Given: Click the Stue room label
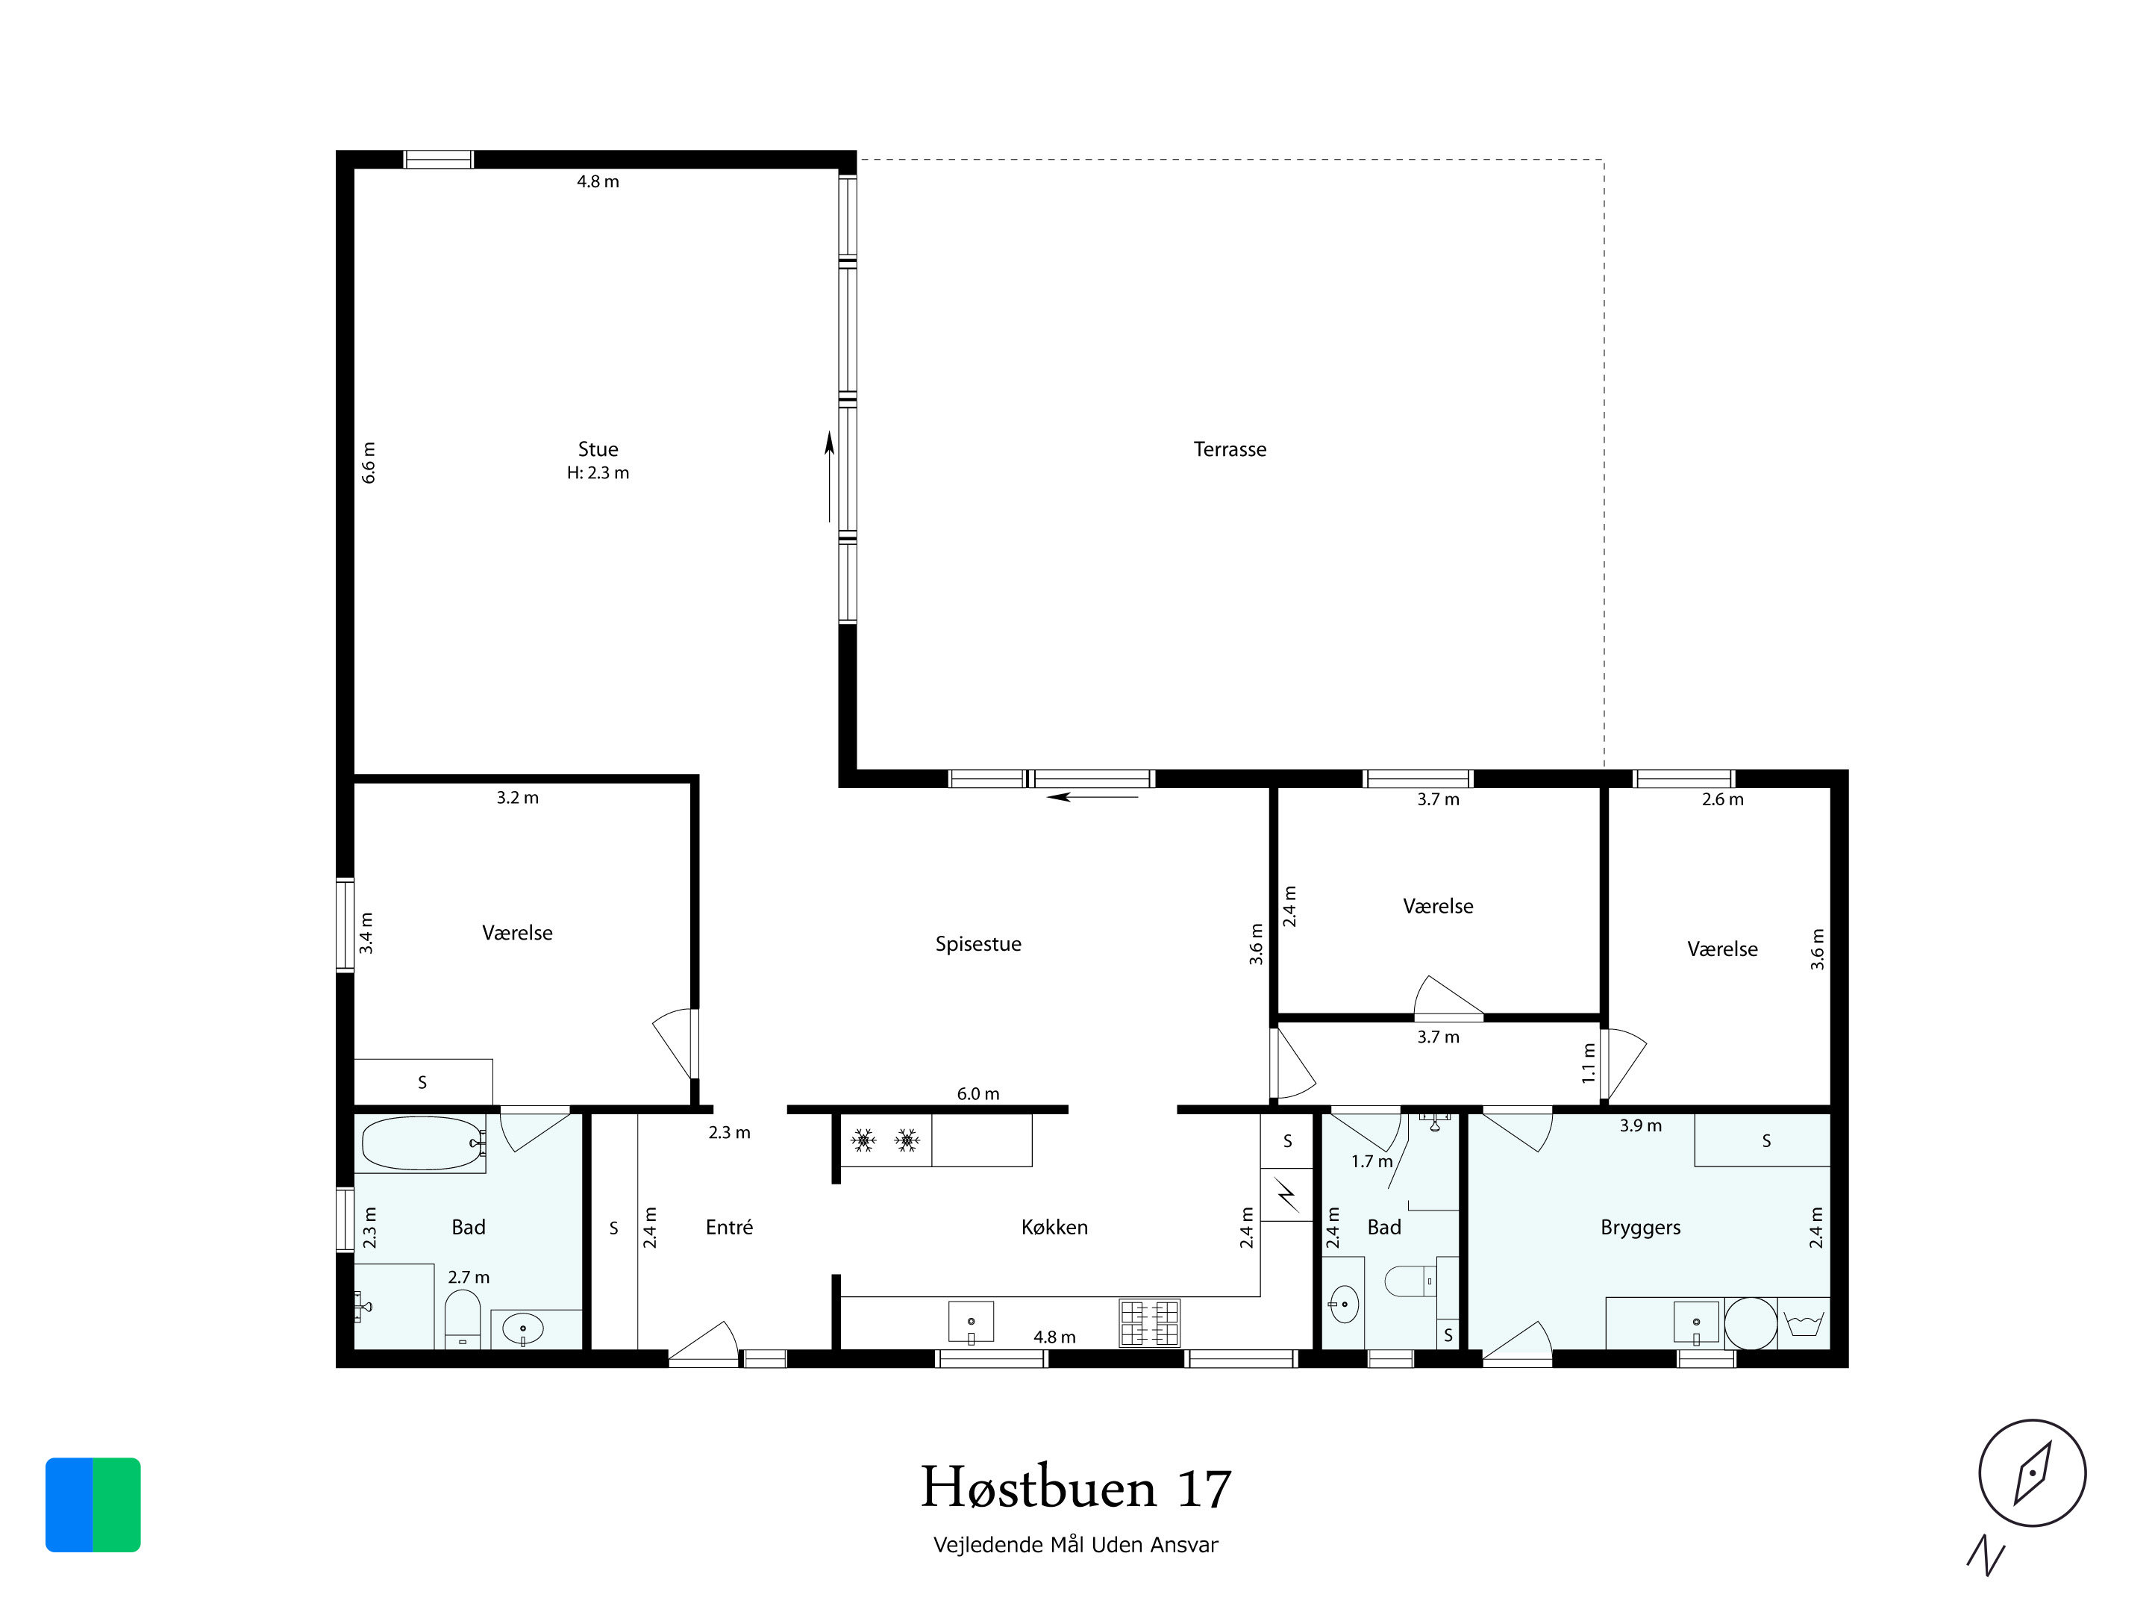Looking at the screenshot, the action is pos(598,449).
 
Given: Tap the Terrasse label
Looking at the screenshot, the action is pos(1230,449).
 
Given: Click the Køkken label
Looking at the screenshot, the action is pos(1054,1227).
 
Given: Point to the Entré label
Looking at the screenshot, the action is pos(729,1227).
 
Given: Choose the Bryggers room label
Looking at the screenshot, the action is pos(1640,1227).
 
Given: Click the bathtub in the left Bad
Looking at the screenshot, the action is pos(423,1143).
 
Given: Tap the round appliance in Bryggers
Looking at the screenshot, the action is pos(1751,1323).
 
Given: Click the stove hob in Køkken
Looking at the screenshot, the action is pos(1149,1323).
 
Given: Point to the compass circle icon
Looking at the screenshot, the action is pos(2033,1472).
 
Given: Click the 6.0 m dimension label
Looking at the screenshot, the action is pos(978,1093).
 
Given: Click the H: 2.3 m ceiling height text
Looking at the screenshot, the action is pos(598,473).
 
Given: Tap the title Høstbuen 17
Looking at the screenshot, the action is pos(1076,1487).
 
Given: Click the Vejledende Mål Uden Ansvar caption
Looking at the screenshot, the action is pos(1076,1545).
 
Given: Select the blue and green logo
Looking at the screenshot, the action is pos(93,1504).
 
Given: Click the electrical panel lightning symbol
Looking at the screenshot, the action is pos(1286,1195).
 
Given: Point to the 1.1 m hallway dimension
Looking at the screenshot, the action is pos(1589,1063).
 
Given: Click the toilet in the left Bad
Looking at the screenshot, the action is pos(463,1318).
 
